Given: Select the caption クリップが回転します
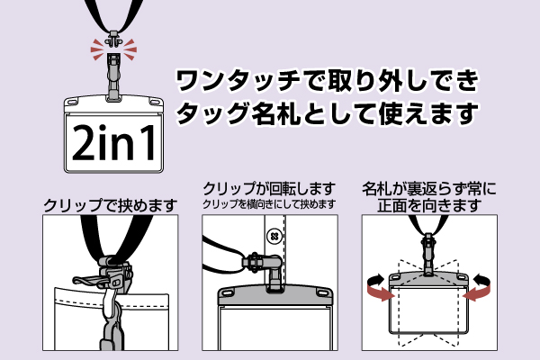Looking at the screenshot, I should click(269, 189).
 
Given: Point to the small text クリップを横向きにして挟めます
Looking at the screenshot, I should click(269, 204).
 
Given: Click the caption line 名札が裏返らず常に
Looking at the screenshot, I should click(429, 189).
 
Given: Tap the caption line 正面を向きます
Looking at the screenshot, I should click(429, 206).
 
